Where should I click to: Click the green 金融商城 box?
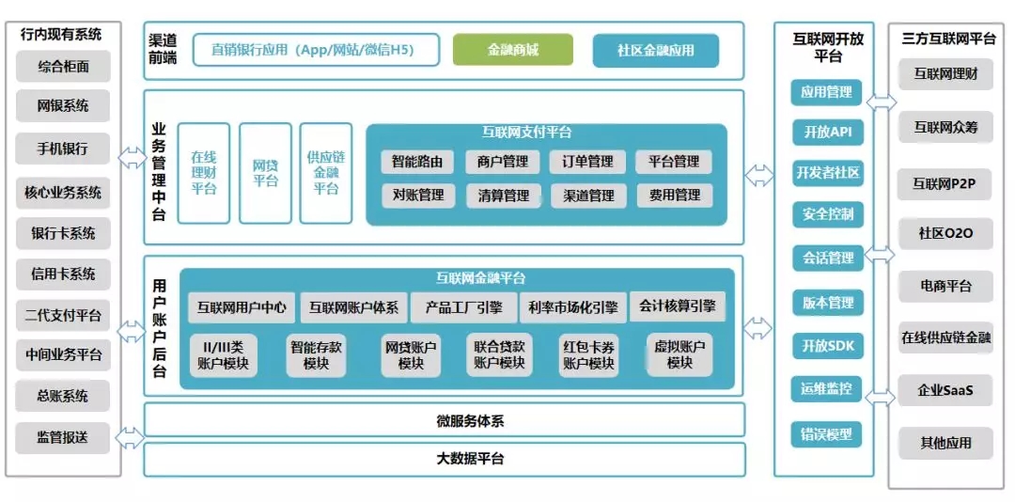(512, 50)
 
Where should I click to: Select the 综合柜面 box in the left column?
(63, 66)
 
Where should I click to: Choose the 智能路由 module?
(417, 162)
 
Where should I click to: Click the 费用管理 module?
(674, 196)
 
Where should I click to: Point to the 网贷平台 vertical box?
(265, 173)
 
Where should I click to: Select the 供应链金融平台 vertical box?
(326, 173)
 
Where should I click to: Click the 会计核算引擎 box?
(677, 306)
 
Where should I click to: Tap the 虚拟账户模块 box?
(679, 354)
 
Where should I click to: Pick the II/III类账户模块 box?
(223, 354)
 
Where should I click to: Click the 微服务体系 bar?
(444, 420)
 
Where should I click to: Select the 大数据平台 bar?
(444, 459)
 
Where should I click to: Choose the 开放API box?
(827, 133)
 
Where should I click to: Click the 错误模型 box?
(827, 434)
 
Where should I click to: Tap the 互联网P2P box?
(945, 184)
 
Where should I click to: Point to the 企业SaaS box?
(945, 389)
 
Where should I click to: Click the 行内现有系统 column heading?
(62, 35)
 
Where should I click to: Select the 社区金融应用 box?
(655, 50)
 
